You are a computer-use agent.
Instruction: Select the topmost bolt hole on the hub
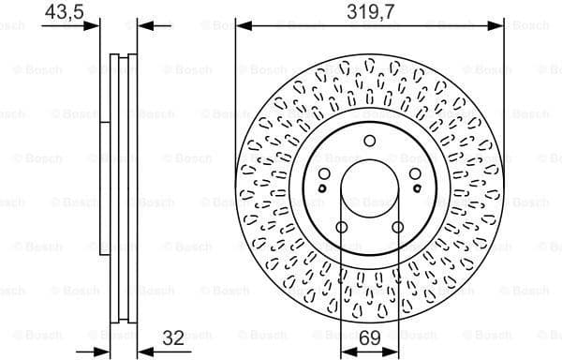370,141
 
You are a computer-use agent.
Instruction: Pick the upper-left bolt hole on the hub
323,176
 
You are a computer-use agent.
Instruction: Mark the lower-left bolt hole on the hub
341,228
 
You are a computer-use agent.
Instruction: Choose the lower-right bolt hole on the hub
398,228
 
